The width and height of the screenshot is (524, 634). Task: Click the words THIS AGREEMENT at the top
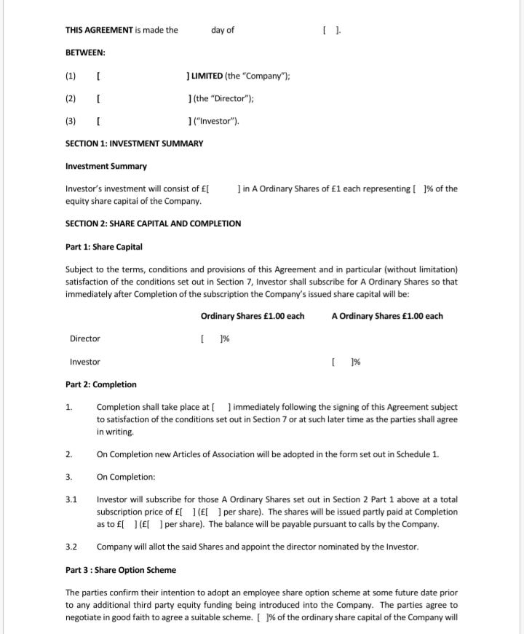tap(99, 31)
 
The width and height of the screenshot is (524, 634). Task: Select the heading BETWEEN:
tap(85, 53)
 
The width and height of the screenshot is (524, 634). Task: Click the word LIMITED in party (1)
tap(207, 76)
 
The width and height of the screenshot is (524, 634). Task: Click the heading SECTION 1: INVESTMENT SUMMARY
tap(134, 143)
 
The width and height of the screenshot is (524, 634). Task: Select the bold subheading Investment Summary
tap(106, 166)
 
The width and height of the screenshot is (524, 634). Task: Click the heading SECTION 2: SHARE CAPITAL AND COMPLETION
tap(153, 223)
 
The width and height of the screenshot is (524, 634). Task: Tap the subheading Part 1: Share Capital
tap(103, 247)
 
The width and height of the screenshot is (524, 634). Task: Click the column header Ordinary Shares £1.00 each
tap(252, 316)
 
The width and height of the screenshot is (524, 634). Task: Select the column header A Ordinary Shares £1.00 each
tap(386, 316)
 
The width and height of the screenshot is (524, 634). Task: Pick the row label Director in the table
tap(84, 338)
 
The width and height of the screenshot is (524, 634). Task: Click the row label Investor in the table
tap(84, 362)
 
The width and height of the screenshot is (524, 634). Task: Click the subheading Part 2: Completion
tap(100, 384)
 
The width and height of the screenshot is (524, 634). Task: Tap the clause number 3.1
tap(71, 500)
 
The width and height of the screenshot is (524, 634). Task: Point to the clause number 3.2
tap(71, 547)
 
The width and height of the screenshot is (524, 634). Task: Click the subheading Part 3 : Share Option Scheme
tap(120, 569)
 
